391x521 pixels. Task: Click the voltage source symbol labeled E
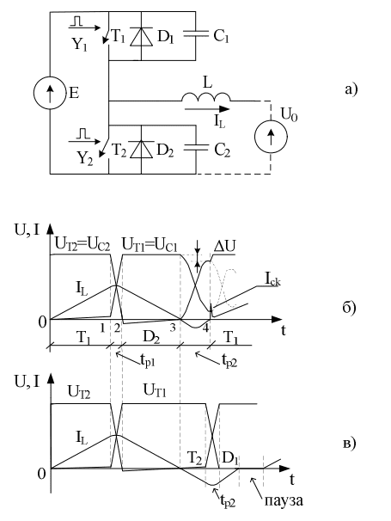coord(50,93)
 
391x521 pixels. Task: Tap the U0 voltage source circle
coord(271,136)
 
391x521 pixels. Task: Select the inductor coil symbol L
coord(206,97)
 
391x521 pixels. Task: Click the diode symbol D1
coord(141,36)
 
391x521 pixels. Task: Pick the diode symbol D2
coord(141,150)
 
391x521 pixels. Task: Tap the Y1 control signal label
coord(79,44)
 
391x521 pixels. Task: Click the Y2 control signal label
coord(85,159)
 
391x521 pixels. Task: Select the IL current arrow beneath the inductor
coord(206,108)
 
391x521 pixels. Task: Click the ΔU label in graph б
coord(224,246)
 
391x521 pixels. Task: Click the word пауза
coord(284,500)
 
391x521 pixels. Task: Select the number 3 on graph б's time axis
coord(173,328)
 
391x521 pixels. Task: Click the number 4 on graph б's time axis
coord(206,328)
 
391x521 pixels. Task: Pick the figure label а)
coord(351,89)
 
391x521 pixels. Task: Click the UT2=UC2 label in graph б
coord(82,245)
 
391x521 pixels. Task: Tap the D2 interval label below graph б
coord(151,338)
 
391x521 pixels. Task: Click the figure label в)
coord(350,444)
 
